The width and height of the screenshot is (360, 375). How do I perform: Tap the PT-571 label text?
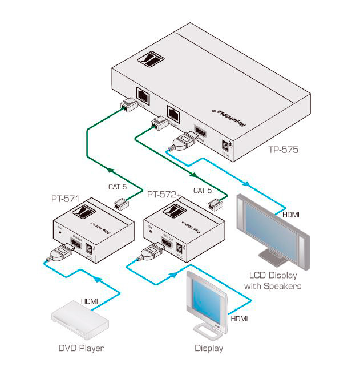64,200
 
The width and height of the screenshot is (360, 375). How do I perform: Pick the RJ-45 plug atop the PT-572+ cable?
216,204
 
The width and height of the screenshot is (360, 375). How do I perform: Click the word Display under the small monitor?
209,348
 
